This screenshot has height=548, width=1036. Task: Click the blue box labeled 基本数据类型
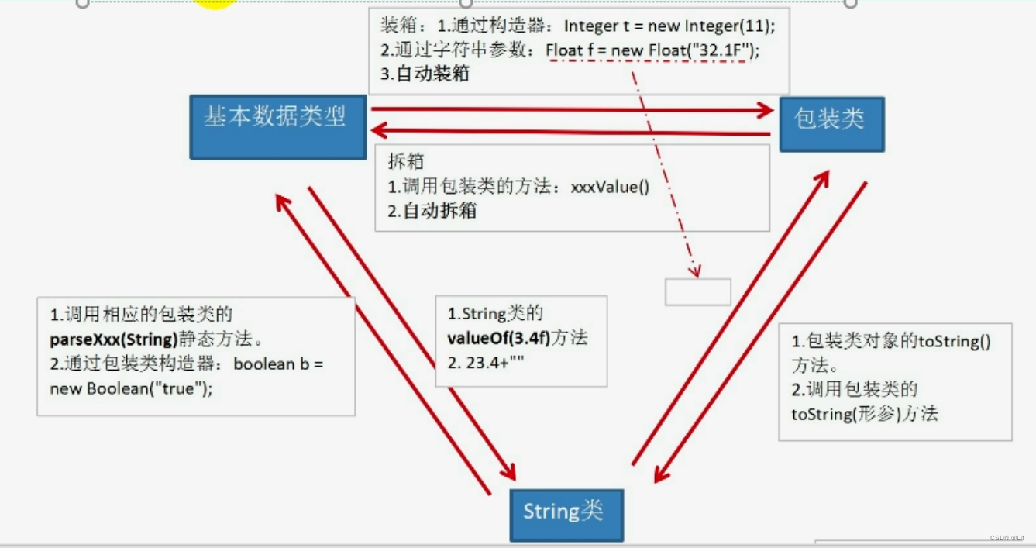(277, 126)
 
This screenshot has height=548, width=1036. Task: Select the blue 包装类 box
(831, 123)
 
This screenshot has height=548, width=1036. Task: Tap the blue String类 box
(566, 514)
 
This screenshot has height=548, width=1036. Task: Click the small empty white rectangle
(697, 291)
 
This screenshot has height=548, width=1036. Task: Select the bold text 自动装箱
(435, 75)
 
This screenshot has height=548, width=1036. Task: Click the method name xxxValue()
(610, 187)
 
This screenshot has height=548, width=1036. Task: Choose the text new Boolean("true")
(130, 389)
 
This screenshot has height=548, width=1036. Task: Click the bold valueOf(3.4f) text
(499, 339)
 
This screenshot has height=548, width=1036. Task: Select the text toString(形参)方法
(864, 414)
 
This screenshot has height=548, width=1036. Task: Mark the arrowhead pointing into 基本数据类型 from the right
(380, 130)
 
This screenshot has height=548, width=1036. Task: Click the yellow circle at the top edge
(215, 3)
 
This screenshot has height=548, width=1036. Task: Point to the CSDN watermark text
(1007, 538)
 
